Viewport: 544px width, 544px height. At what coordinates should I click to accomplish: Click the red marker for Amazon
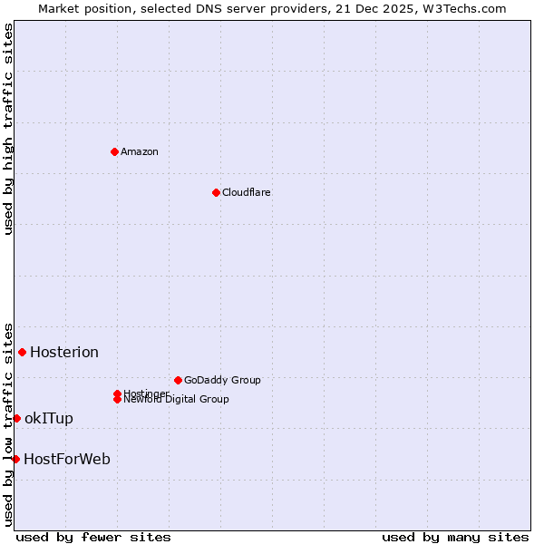coord(114,151)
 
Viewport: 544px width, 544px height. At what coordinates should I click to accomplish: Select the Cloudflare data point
coord(216,192)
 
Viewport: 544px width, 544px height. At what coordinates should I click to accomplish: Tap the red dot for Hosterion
coord(22,352)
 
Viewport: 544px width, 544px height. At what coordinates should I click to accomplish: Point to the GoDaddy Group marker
coord(178,380)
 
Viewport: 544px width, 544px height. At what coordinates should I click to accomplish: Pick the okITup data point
coord(16,418)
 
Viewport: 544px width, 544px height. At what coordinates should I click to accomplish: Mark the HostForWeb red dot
coord(15,459)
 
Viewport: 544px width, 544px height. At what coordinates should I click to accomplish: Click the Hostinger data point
coord(118,393)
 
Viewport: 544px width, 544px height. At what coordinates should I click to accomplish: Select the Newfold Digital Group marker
coord(118,399)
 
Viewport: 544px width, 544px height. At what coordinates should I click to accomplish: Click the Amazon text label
coord(140,151)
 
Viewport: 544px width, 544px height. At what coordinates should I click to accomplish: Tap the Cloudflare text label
coord(247,192)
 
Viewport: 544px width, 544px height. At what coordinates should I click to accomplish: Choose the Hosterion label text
coord(64,352)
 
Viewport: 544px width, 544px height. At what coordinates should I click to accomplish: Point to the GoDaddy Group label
coord(222,380)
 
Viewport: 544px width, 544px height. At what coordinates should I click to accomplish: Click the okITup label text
coord(49,418)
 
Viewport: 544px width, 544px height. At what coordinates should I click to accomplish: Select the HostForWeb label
coord(67,459)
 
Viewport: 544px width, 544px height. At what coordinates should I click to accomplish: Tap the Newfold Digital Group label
coord(177,400)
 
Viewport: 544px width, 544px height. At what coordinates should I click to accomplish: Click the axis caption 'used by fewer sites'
coord(93,537)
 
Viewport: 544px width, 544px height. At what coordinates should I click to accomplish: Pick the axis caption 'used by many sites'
coord(455,537)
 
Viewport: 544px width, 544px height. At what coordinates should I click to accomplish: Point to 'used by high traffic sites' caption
coord(8,129)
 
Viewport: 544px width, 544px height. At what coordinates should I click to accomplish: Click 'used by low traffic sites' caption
coord(8,423)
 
